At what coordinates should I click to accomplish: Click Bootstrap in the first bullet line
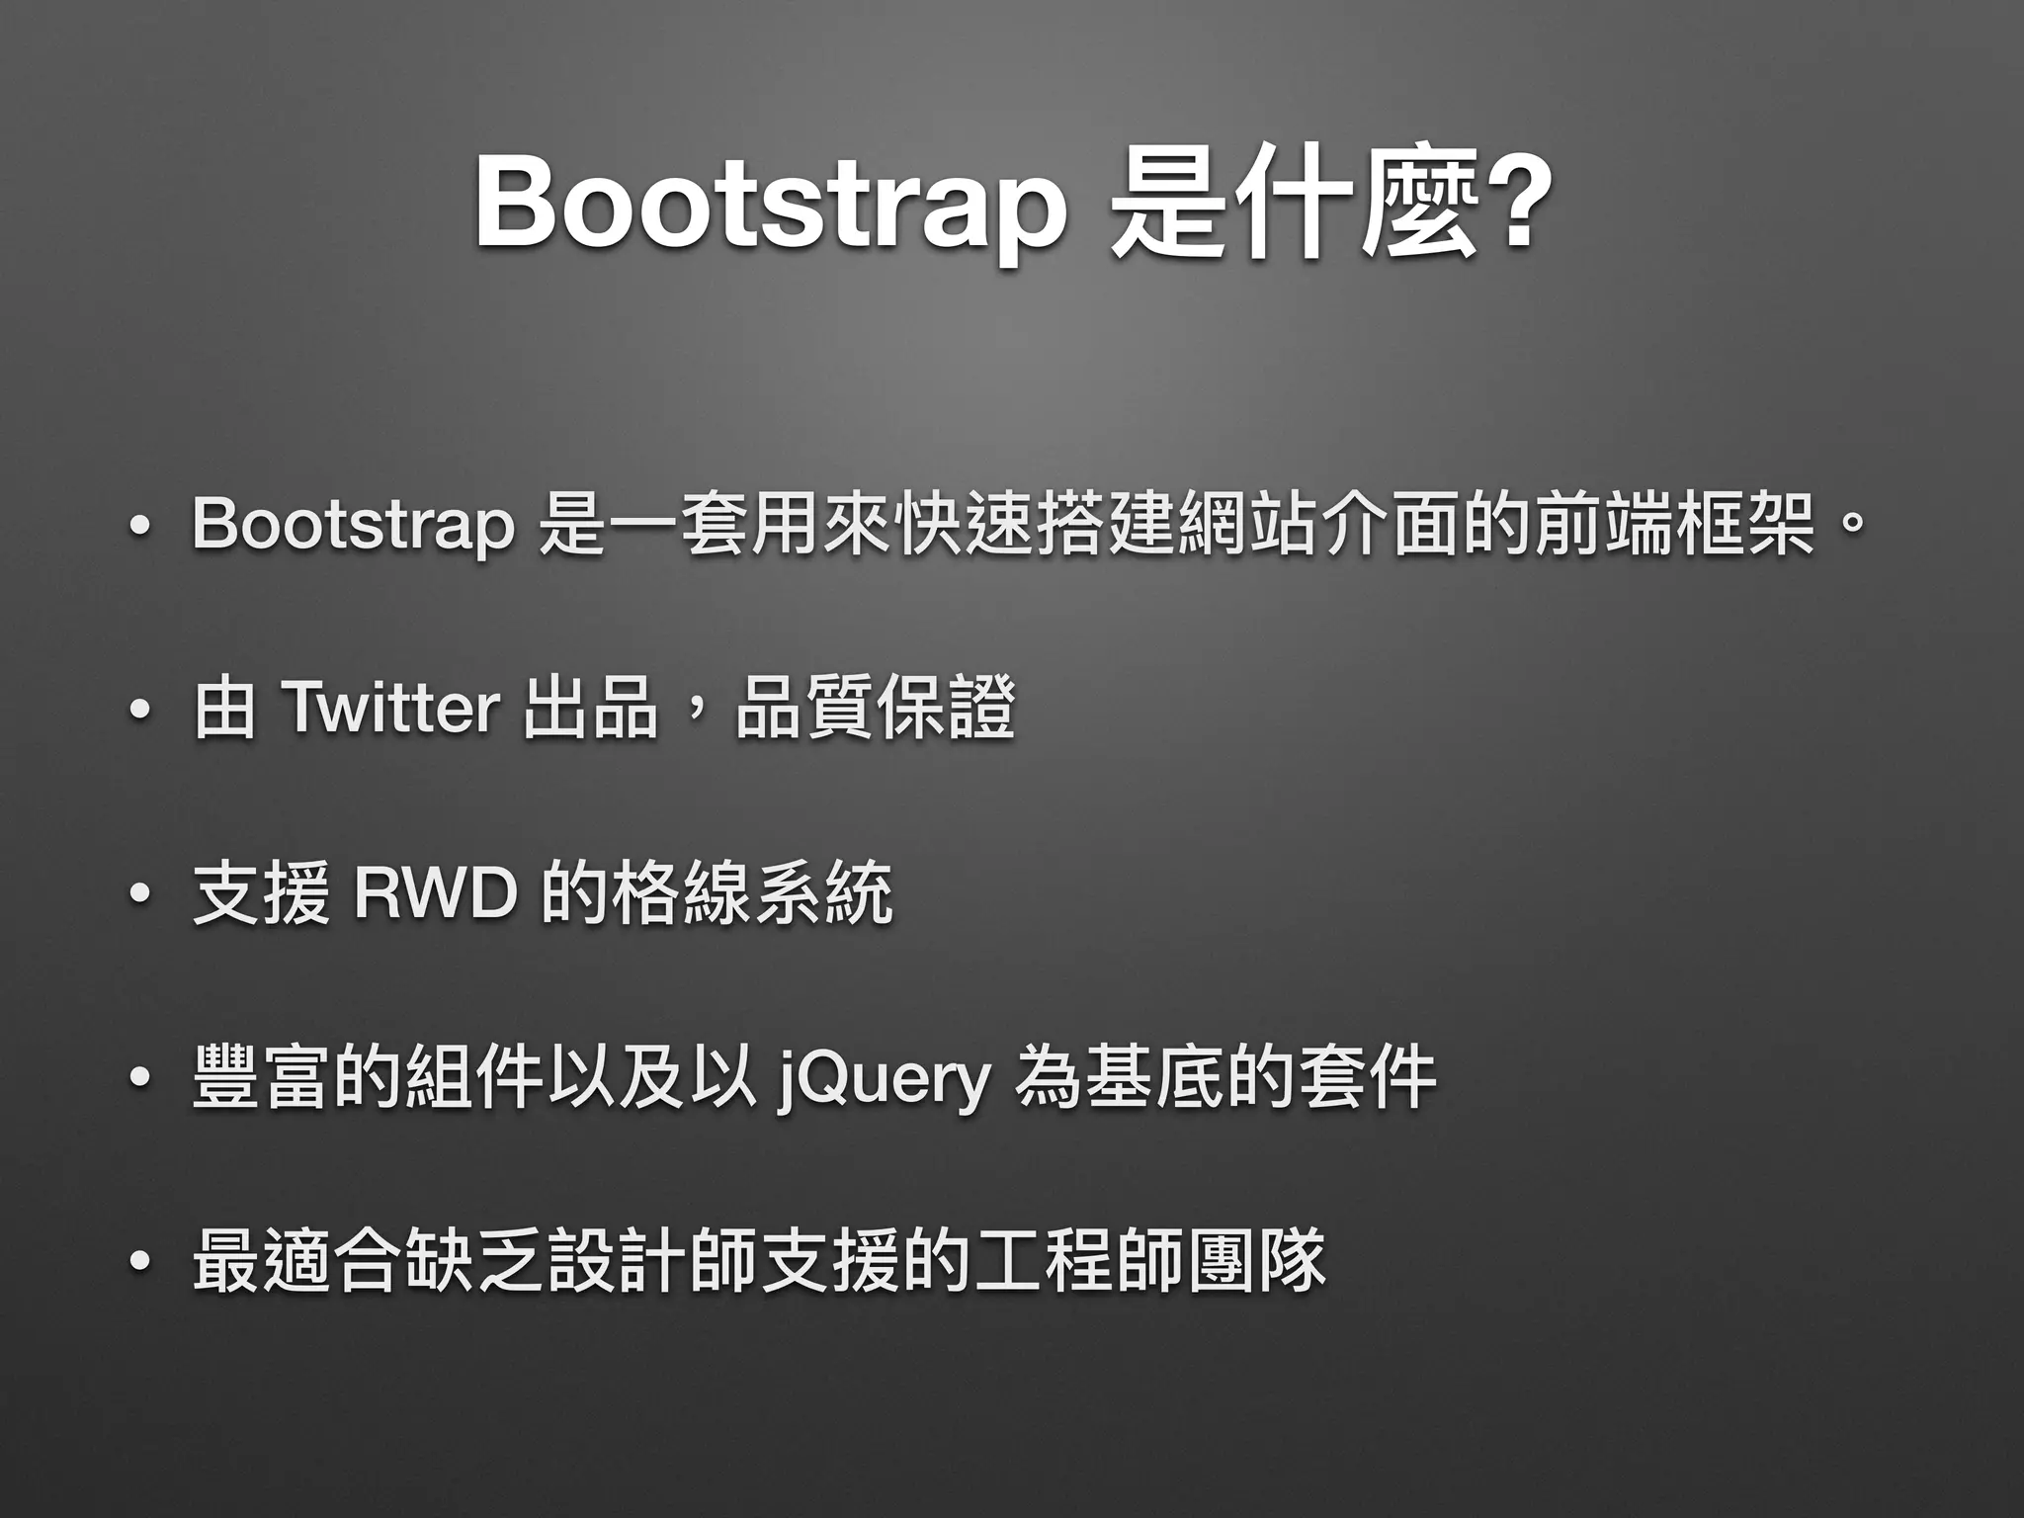coord(353,524)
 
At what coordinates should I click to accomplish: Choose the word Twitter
coord(390,708)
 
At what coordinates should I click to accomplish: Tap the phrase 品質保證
coord(876,708)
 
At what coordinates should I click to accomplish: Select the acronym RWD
coord(436,893)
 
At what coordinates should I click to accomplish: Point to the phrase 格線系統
coord(753,893)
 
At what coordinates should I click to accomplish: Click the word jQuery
coord(884,1079)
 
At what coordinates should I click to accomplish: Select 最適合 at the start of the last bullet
coord(297,1261)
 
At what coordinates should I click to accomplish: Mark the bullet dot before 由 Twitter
coord(139,712)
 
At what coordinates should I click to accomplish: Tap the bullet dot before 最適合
coord(139,1264)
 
